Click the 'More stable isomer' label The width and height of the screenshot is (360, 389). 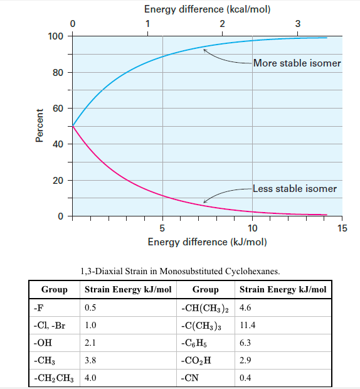point(297,63)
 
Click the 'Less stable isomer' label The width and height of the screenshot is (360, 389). point(294,188)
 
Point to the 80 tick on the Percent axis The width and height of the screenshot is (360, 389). point(58,72)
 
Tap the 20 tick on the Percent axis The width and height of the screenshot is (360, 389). point(58,181)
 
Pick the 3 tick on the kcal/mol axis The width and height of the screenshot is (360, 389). point(297,24)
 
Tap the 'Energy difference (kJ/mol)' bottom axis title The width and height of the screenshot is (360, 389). point(208,242)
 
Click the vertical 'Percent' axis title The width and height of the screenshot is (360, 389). point(40,125)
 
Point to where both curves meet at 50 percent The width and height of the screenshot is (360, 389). point(73,126)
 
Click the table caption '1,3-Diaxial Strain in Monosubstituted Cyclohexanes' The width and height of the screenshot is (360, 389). point(181,271)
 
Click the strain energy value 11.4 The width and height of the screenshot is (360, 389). point(248,326)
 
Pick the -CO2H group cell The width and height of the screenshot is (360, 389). point(194,361)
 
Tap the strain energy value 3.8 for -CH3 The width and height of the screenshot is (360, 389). point(91,361)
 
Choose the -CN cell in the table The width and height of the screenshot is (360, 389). point(189,379)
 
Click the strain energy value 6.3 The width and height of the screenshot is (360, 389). point(246,344)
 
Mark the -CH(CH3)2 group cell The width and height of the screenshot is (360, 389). point(204,308)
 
